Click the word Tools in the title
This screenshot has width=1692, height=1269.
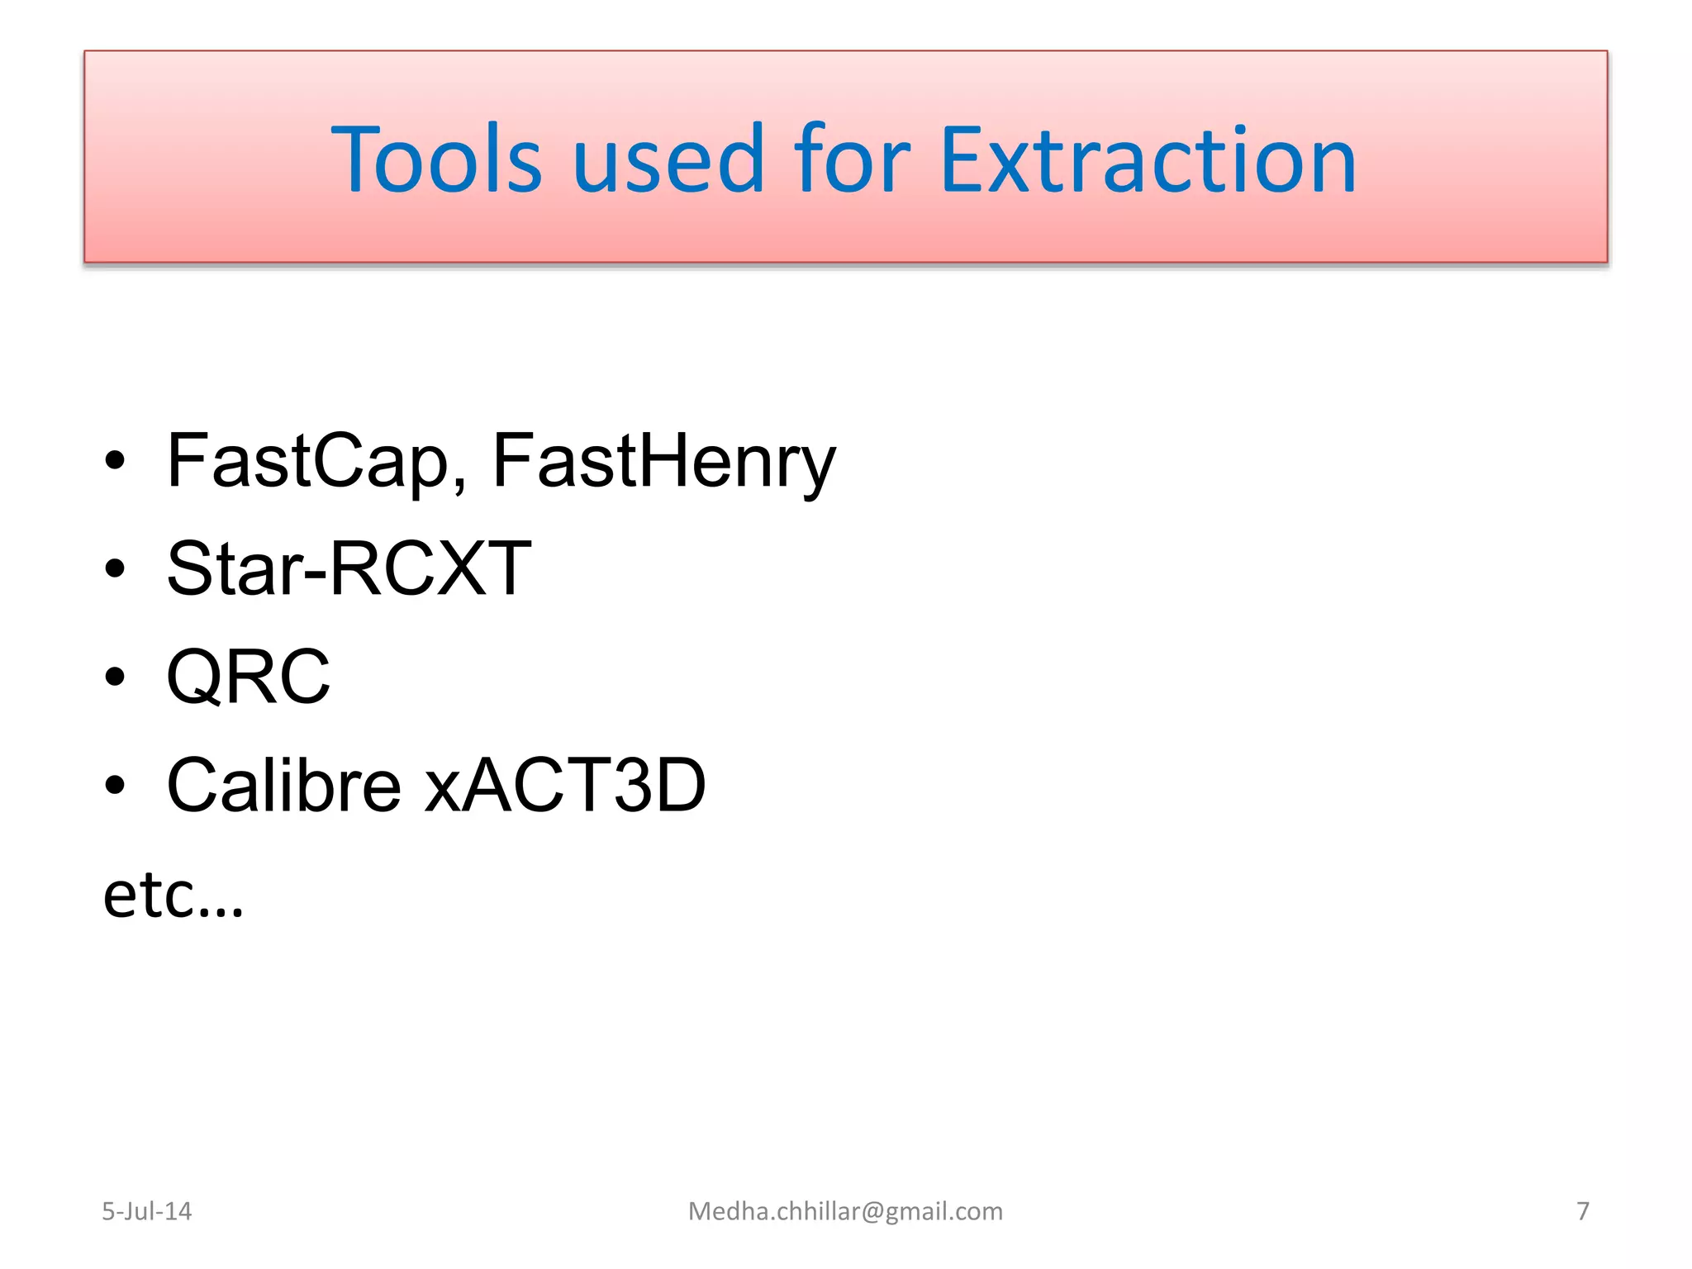(435, 159)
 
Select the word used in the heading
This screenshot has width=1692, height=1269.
(668, 159)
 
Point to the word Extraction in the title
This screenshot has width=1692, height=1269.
(1148, 159)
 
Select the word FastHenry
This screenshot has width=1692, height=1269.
(663, 461)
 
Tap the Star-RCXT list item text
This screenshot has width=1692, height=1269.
(349, 568)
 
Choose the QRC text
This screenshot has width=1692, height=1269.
(248, 677)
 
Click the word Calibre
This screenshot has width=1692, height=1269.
(283, 785)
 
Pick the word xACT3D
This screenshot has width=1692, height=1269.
(565, 785)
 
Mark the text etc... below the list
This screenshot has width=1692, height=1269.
(173, 896)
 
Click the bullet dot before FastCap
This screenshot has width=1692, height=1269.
(115, 461)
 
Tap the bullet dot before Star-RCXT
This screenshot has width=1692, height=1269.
(115, 568)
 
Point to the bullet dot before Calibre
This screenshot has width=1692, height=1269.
(115, 785)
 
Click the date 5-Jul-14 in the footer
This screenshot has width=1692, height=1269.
(146, 1211)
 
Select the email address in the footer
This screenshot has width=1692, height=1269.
(845, 1211)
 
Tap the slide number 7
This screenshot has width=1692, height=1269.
(1582, 1211)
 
